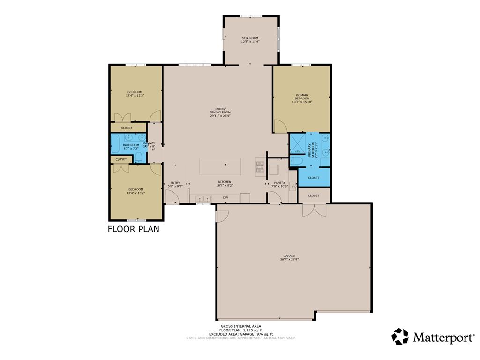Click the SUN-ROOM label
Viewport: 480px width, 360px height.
[x=250, y=38]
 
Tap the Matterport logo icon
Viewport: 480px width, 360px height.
[x=400, y=337]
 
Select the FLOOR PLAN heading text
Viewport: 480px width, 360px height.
[x=134, y=229]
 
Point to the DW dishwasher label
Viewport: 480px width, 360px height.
[x=225, y=198]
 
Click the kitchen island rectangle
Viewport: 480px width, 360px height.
[x=220, y=166]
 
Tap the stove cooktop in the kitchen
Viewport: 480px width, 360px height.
[x=260, y=166]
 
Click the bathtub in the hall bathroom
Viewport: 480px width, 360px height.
[x=115, y=145]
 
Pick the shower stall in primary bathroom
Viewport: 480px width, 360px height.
[x=297, y=143]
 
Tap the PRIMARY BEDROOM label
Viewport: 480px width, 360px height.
[x=302, y=97]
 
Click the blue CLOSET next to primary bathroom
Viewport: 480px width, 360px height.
[x=314, y=178]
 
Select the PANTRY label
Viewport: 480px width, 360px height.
[x=279, y=183]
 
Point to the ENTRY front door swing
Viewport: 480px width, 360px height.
[x=172, y=197]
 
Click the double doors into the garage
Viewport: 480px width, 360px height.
[x=313, y=210]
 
